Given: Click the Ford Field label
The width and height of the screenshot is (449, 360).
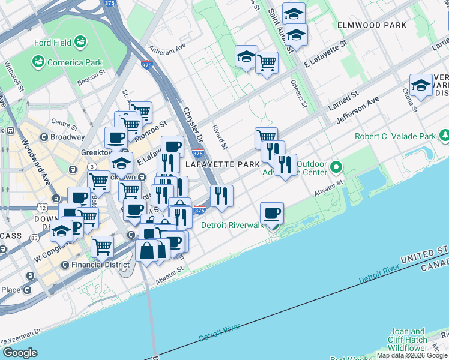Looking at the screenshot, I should coord(51,43).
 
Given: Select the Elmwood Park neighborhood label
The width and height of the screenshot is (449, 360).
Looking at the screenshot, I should coord(372,25).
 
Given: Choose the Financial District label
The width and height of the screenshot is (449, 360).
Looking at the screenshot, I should coord(100,265).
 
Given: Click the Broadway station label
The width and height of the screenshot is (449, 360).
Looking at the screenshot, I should coord(67,137).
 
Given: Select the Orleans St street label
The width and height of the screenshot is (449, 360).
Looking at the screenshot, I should coord(298,94).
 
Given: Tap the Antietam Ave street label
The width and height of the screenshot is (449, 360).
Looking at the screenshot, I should coord(169,48).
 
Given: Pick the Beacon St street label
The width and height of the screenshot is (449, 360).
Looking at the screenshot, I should coord(92,76).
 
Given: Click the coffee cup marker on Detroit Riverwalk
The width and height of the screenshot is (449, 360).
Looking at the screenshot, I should coord(272,213).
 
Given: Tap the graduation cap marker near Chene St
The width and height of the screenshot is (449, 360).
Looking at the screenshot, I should coord(421,86).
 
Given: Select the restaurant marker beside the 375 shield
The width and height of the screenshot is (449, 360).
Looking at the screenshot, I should coord(221,195).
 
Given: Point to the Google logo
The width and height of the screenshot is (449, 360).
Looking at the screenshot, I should coord(20,353).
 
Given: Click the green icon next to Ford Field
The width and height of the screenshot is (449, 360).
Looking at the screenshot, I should coord(80,42).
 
